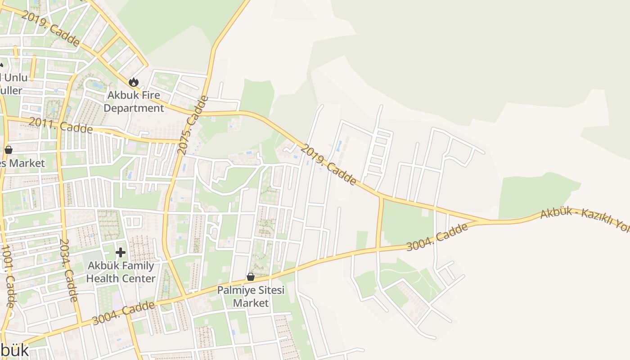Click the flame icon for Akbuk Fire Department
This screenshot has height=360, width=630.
click(133, 82)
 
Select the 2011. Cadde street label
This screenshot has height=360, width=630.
click(61, 126)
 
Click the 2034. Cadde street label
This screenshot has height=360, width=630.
click(69, 270)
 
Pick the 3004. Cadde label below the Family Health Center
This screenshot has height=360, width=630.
click(123, 313)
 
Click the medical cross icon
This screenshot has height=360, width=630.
click(120, 252)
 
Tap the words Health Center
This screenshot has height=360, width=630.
click(121, 279)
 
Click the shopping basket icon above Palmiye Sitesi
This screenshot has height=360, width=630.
click(251, 277)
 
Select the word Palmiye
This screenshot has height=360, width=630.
click(235, 290)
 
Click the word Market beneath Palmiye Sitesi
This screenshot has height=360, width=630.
click(251, 303)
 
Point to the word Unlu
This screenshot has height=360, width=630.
click(16, 78)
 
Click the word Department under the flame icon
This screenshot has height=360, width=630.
click(134, 108)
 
